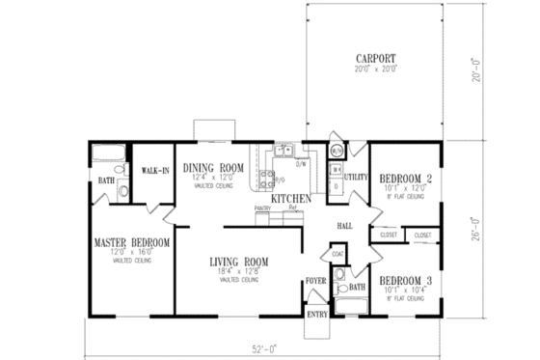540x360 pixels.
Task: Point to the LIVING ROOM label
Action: pos(238,262)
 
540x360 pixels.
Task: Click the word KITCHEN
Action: pos(290,198)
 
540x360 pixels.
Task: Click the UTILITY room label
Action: pos(357,178)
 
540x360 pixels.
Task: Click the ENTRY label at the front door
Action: pos(317,315)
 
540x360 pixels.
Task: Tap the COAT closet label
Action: pos(337,255)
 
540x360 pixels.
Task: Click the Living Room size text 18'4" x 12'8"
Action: pos(238,271)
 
